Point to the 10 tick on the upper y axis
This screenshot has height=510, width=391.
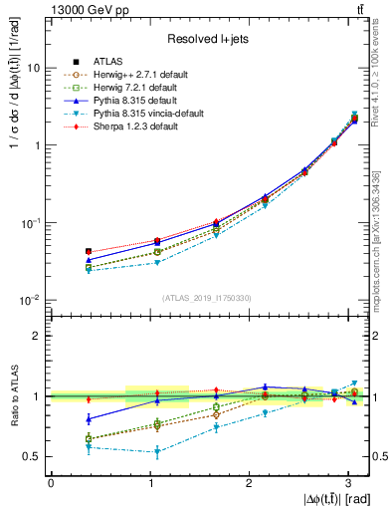click(36, 68)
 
